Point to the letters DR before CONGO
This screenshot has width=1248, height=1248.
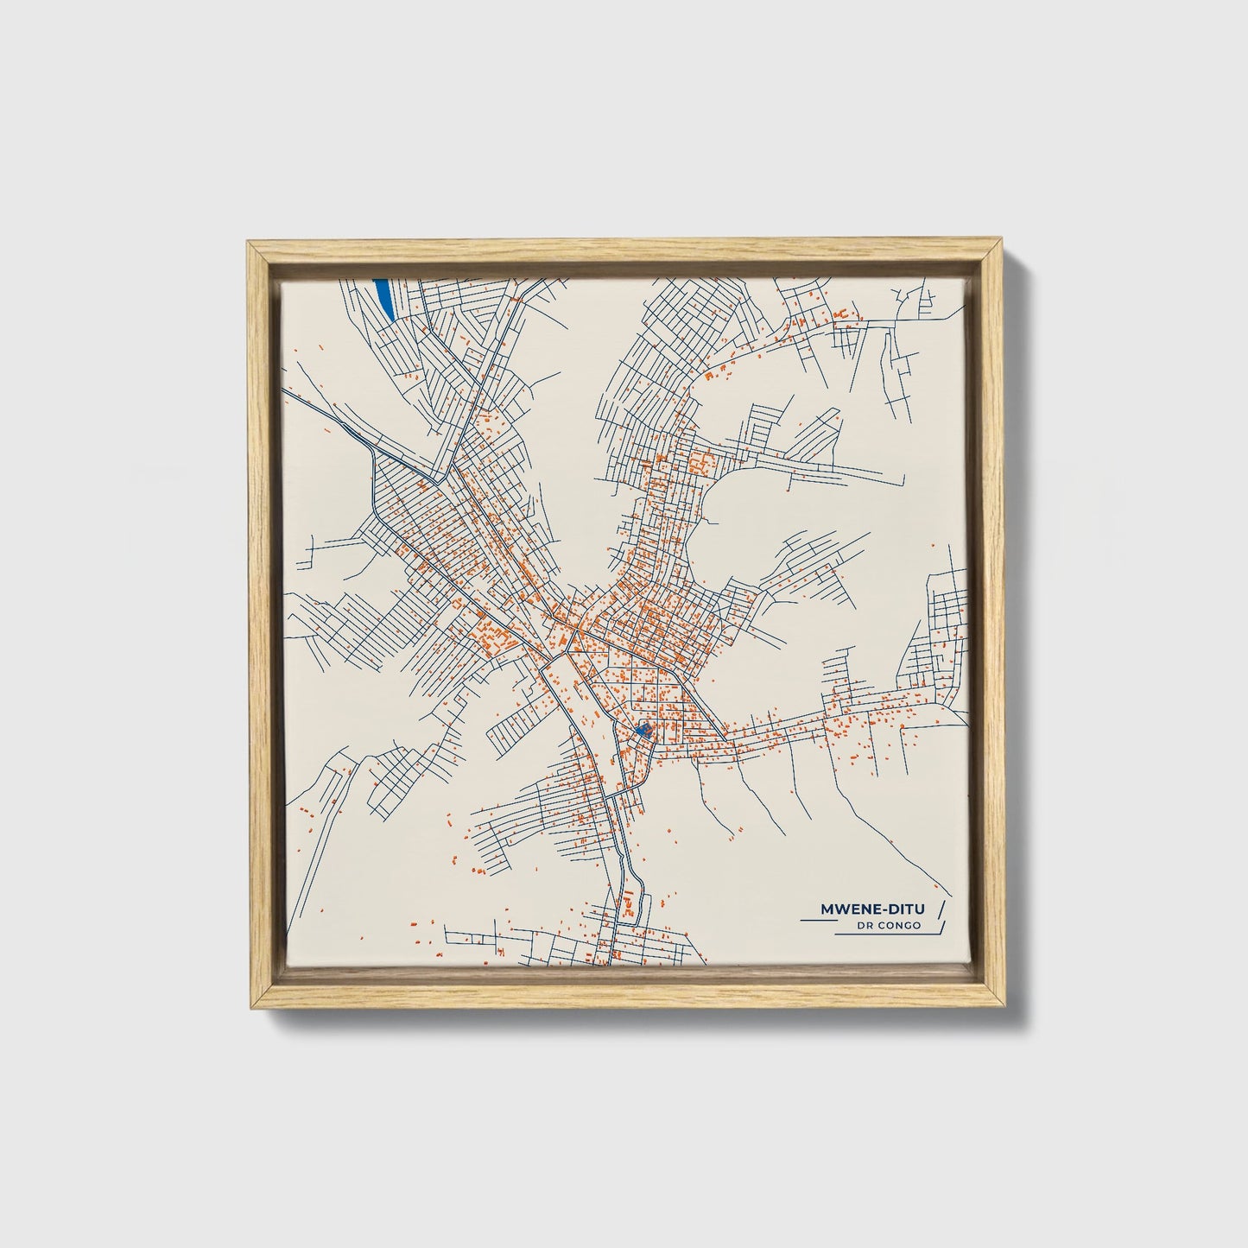point(865,926)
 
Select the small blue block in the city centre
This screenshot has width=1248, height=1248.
point(642,730)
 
